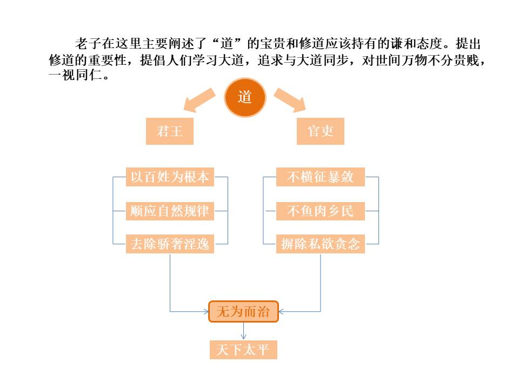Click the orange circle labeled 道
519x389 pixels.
pos(245,98)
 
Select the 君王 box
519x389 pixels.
pos(170,131)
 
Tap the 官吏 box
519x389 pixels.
pos(321,131)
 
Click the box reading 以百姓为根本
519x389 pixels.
pos(170,177)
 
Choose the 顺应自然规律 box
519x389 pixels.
pos(170,211)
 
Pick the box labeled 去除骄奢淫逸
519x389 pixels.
pos(170,244)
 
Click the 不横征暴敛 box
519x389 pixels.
pos(321,177)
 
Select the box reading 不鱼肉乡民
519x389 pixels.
pos(321,211)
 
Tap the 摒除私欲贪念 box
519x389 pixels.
pos(321,244)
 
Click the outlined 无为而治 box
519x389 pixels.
pos(243,312)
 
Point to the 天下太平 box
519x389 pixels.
pos(243,350)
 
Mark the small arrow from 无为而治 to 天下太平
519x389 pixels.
pos(243,331)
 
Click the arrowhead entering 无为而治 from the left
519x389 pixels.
pos(205,311)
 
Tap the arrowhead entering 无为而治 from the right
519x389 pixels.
pos(282,311)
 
